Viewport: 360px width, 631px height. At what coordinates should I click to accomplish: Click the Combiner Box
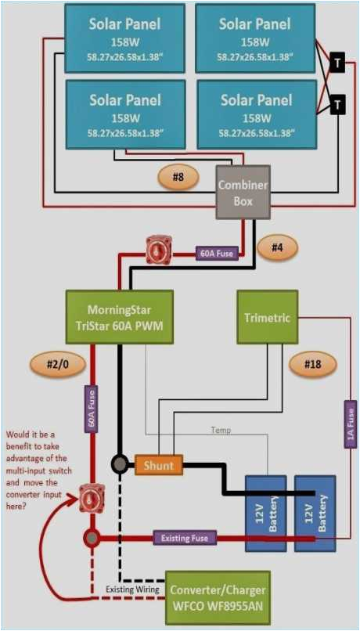243,192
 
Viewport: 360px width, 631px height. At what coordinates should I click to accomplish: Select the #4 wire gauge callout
277,247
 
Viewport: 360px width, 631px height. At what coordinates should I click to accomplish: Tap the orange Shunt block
159,465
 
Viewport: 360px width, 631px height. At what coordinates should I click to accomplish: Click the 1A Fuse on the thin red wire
351,424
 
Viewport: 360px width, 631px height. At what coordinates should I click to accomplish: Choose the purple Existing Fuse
185,538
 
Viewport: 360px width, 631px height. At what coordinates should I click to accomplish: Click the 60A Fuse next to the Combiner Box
217,253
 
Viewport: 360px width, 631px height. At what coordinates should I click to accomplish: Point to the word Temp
221,430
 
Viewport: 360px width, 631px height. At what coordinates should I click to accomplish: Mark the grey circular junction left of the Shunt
119,464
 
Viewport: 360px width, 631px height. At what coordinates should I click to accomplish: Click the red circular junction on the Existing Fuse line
92,538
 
